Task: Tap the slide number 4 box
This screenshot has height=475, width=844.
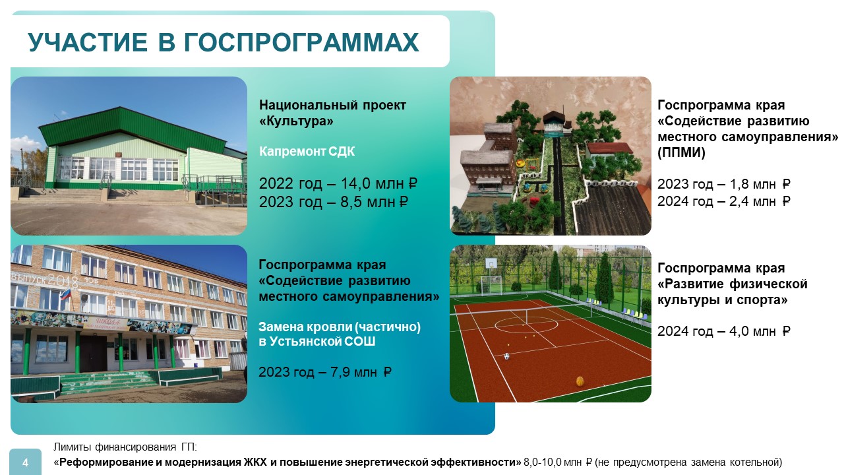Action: pyautogui.click(x=25, y=462)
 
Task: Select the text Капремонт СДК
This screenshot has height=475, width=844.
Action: pyautogui.click(x=307, y=152)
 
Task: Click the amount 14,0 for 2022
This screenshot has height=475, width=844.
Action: pyautogui.click(x=353, y=183)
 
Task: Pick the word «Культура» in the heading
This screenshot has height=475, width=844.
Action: pyautogui.click(x=296, y=121)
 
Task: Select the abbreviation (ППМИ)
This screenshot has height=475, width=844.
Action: pyautogui.click(x=681, y=152)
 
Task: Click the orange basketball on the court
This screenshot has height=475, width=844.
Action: pyautogui.click(x=580, y=381)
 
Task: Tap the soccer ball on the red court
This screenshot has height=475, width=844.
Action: pyautogui.click(x=507, y=356)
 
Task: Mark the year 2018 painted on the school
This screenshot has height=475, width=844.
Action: pyautogui.click(x=63, y=280)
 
